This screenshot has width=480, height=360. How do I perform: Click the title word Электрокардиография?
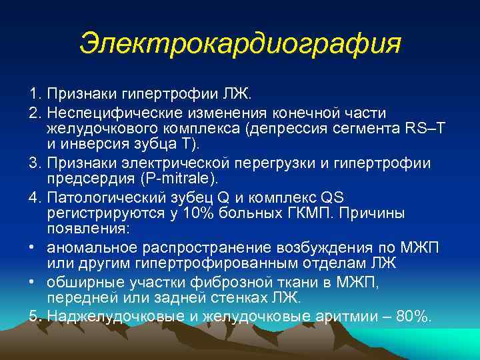pos(240,44)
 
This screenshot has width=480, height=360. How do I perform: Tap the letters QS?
pos(334,197)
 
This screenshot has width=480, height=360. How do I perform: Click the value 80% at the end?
pos(413,315)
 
